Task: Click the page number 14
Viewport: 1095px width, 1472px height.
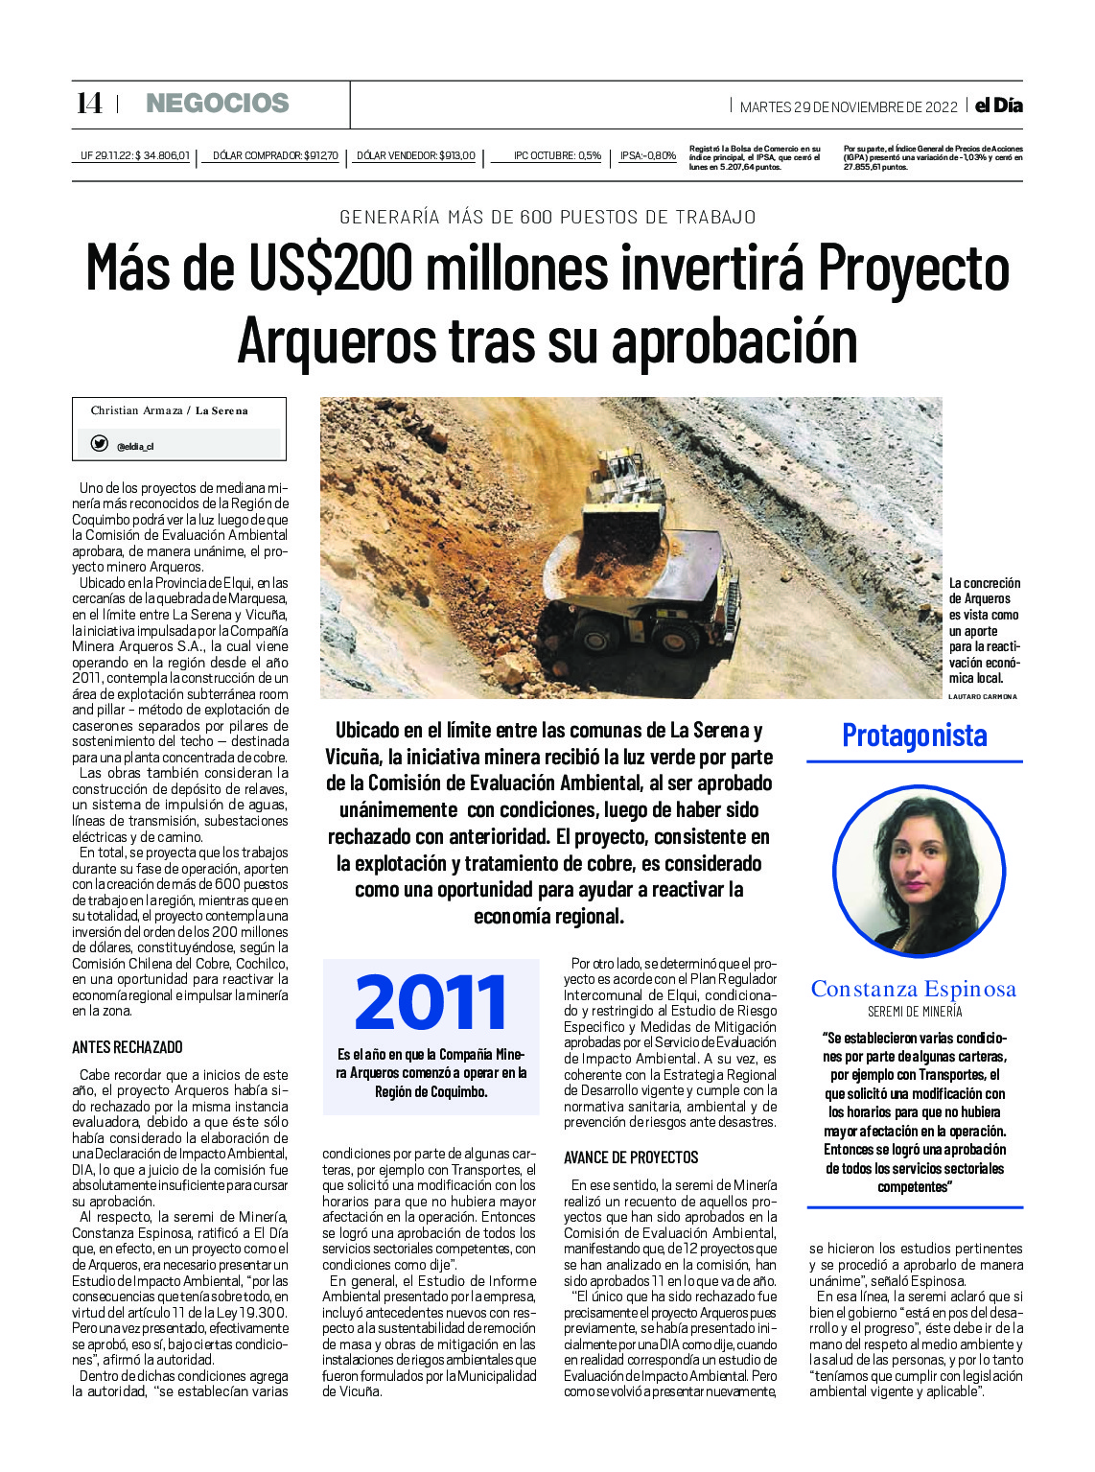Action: coord(88,104)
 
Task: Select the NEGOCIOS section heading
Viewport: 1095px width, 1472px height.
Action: coord(217,104)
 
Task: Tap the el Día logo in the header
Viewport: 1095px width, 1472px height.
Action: coord(998,105)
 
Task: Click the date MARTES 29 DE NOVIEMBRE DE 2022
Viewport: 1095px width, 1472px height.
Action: coord(849,107)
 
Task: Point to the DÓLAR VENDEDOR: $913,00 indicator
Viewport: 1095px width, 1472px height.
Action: coord(415,155)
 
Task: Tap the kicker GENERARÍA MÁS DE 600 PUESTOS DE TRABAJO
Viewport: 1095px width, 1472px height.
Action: coord(547,217)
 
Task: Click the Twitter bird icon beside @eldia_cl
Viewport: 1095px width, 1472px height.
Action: coord(99,444)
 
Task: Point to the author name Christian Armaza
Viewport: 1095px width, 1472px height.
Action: coord(136,410)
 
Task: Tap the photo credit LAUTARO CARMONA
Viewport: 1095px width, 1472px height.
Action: coord(982,696)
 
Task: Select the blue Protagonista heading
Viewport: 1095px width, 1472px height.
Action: coord(914,736)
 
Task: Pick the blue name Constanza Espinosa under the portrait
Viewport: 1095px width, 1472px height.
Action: coord(913,989)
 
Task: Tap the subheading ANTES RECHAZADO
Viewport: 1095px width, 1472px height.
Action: coord(128,1047)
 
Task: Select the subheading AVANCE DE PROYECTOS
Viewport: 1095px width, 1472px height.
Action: coord(631,1157)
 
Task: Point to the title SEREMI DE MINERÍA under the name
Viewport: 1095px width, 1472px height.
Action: coord(914,1012)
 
